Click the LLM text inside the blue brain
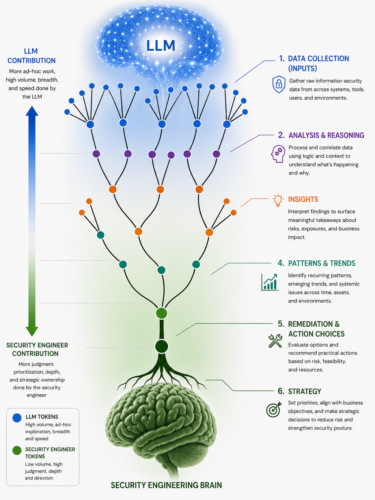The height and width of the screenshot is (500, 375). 161,46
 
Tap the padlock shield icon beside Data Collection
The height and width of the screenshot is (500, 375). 279,85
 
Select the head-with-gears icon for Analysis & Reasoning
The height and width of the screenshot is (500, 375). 278,154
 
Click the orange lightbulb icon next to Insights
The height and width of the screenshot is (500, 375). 278,200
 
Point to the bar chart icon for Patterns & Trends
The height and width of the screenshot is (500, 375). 270,282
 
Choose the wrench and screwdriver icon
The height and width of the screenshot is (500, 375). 275,341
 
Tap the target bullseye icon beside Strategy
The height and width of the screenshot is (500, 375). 273,410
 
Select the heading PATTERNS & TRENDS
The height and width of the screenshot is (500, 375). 321,263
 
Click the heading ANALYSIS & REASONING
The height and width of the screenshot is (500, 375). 326,135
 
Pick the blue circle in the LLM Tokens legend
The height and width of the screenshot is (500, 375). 17,418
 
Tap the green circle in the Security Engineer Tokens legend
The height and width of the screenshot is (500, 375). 17,451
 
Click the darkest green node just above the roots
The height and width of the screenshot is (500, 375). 162,346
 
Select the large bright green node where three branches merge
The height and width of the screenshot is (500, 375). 162,313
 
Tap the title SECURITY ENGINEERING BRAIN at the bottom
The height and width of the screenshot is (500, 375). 166,485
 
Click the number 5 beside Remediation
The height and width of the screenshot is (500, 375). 281,324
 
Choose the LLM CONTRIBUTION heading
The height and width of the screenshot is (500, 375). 31,56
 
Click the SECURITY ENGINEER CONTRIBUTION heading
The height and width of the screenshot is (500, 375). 37,349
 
